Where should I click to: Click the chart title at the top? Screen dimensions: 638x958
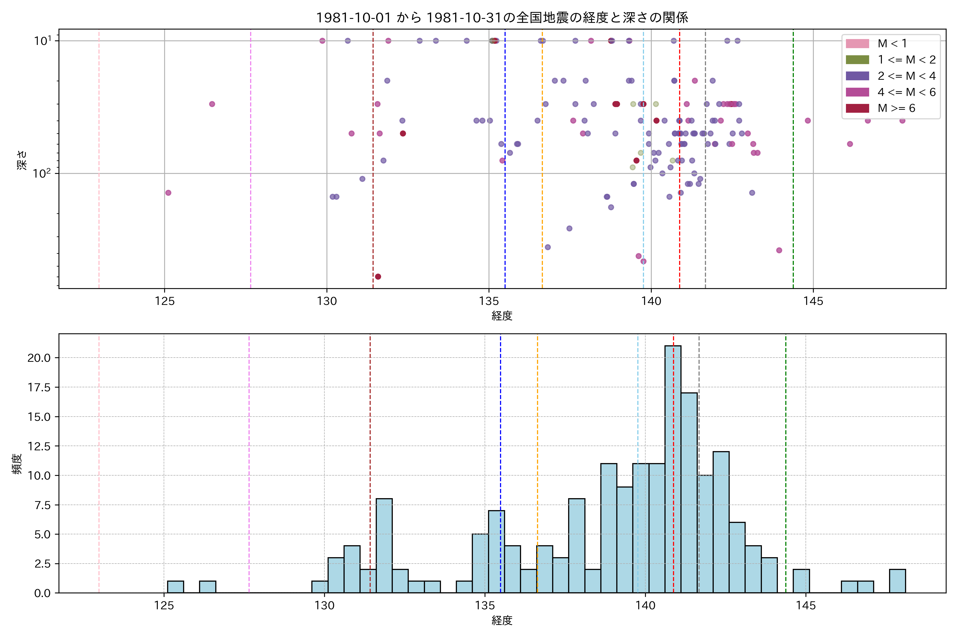[502, 18]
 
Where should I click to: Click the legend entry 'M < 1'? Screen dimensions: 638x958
[892, 44]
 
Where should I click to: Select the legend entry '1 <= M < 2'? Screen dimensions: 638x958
[906, 60]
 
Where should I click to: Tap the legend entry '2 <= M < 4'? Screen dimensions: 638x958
[906, 76]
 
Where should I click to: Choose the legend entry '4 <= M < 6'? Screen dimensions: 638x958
[906, 92]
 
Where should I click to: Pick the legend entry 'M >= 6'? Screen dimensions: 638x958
[896, 108]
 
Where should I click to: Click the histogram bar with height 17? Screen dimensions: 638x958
[689, 492]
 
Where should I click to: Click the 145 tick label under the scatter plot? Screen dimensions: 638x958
[813, 301]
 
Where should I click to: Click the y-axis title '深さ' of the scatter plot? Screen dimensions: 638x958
[22, 159]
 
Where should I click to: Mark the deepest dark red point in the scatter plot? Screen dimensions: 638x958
[378, 277]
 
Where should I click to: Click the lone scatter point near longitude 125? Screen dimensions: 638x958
[168, 193]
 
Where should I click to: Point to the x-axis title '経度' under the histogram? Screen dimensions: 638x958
[502, 620]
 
